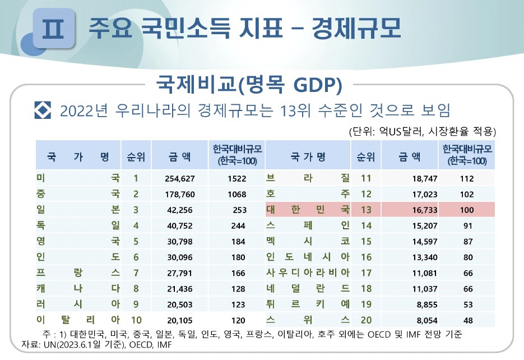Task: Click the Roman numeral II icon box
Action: click(53, 28)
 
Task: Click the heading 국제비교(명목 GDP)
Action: click(250, 86)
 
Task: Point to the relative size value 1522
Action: click(237, 179)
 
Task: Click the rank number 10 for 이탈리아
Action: click(136, 320)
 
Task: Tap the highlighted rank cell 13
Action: click(367, 210)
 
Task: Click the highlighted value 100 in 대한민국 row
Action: click(466, 210)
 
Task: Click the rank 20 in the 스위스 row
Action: click(367, 320)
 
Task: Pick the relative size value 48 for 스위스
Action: click(467, 320)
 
